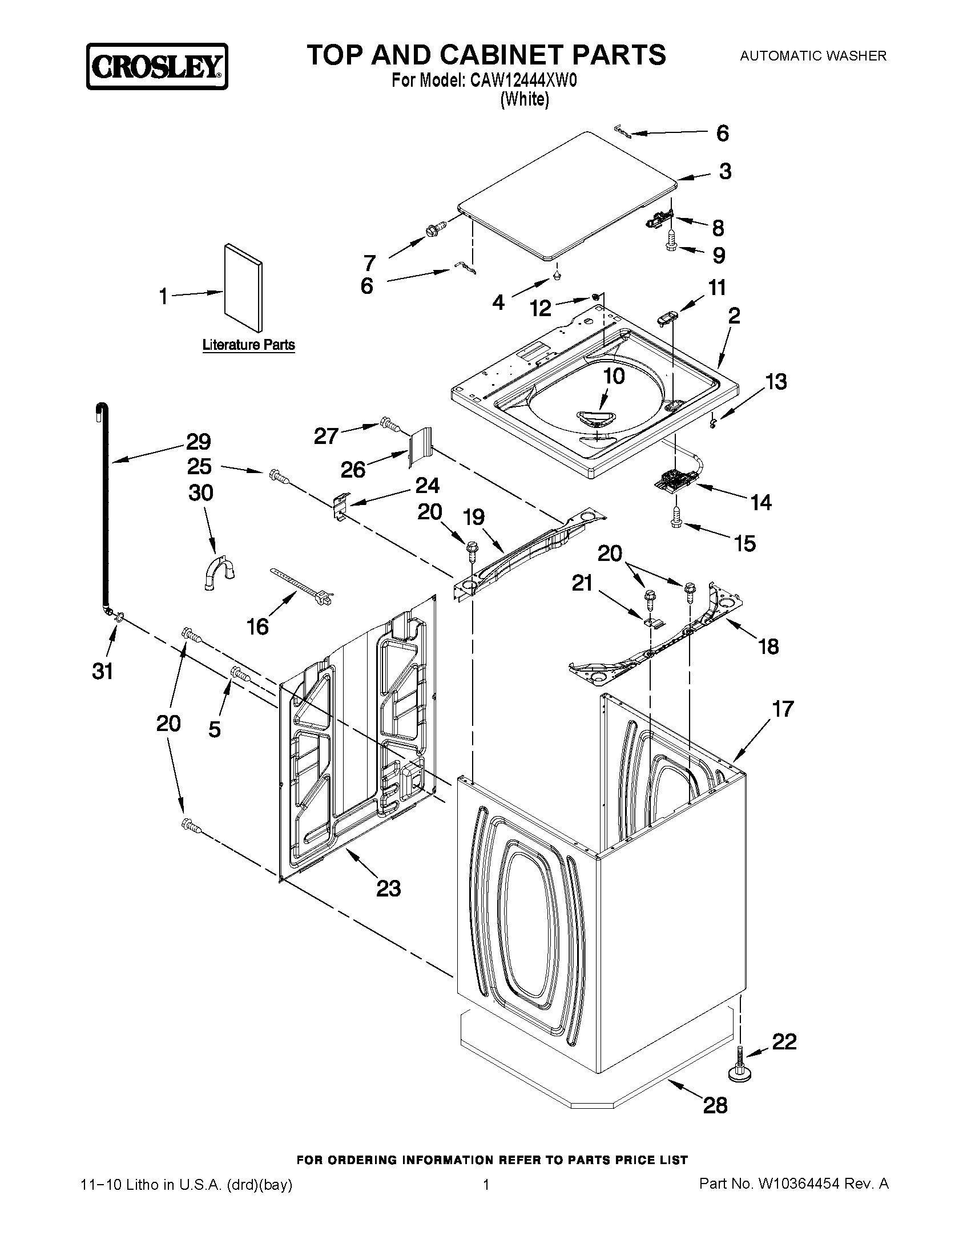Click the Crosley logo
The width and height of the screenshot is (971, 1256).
[157, 67]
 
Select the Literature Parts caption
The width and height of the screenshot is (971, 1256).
[248, 345]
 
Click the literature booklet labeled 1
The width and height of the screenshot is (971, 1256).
[243, 290]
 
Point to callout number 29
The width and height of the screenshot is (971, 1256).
[199, 442]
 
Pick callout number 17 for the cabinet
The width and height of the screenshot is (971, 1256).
[783, 709]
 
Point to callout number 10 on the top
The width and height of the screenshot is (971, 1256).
[614, 376]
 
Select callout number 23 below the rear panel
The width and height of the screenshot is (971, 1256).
[388, 889]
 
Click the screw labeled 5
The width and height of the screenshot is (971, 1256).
[240, 673]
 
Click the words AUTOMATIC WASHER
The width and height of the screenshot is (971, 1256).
[813, 56]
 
